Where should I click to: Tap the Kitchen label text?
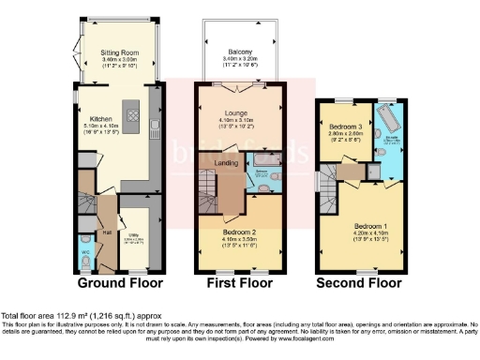[x=101, y=119]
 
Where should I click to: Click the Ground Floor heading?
[x=119, y=282]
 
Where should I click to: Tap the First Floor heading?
[x=240, y=282]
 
